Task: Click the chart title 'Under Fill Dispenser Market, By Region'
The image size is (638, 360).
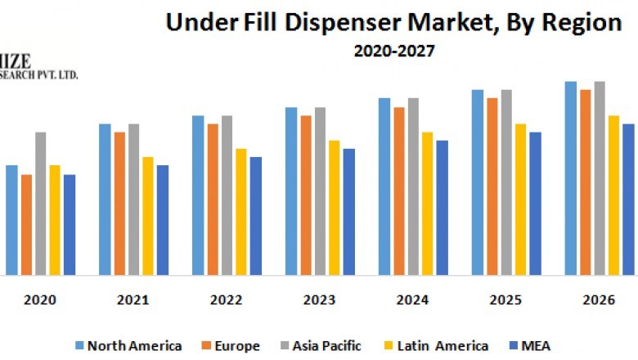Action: pyautogui.click(x=393, y=23)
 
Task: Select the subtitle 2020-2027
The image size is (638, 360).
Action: pyautogui.click(x=393, y=51)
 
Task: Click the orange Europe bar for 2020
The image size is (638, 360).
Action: pyautogui.click(x=26, y=224)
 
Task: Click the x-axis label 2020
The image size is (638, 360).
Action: pyautogui.click(x=40, y=300)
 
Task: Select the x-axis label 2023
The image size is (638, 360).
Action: pyautogui.click(x=319, y=300)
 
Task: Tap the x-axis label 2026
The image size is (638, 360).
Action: pyautogui.click(x=598, y=300)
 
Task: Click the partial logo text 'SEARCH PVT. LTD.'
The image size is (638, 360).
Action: pyautogui.click(x=39, y=74)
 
